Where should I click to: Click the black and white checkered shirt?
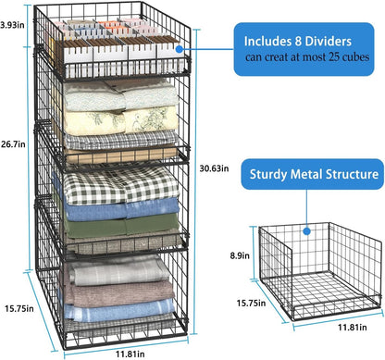[114, 181]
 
